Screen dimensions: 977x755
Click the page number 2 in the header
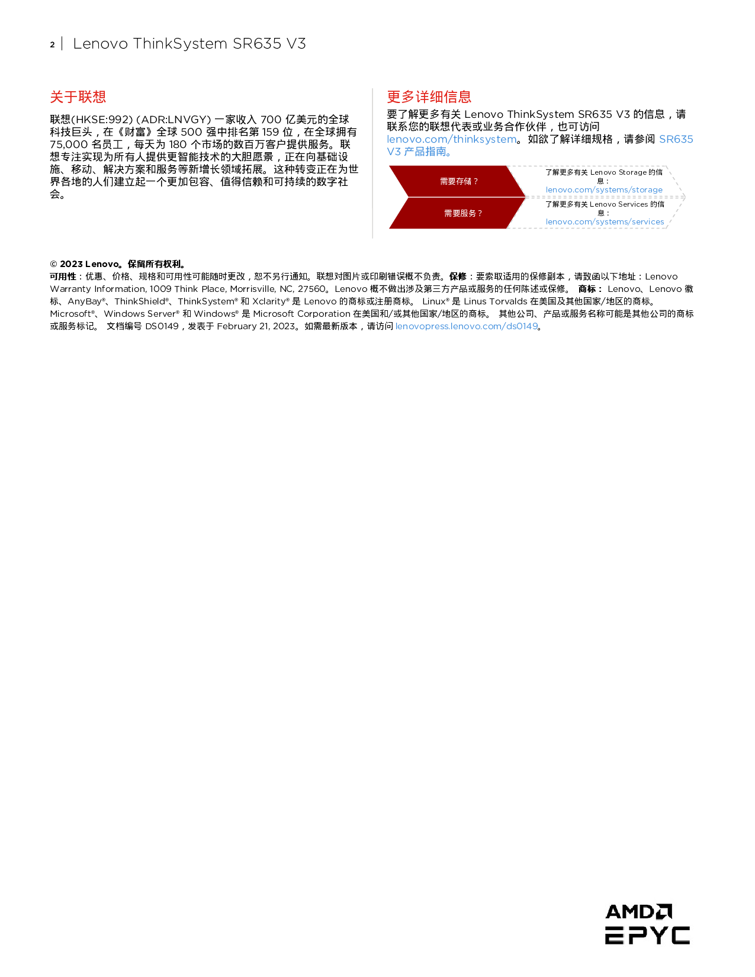coord(52,44)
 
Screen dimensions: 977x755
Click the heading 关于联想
coord(78,97)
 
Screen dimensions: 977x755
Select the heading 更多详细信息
coord(429,97)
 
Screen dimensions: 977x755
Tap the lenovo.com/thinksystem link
coord(451,139)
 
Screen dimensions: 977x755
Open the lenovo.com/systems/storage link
coord(604,190)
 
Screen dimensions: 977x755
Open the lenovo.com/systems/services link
coord(605,222)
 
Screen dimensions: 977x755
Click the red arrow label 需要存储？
coord(458,182)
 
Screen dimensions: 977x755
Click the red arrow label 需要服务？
coord(462,214)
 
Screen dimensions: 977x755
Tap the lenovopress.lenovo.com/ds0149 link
coord(467,326)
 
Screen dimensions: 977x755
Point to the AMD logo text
coord(638,912)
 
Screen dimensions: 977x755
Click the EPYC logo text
coord(647,936)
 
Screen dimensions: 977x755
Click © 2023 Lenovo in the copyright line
coord(85,264)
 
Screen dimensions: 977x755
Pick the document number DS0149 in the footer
coord(162,326)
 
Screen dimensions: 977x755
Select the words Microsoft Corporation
coord(301,314)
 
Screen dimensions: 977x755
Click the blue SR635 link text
coord(676,139)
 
